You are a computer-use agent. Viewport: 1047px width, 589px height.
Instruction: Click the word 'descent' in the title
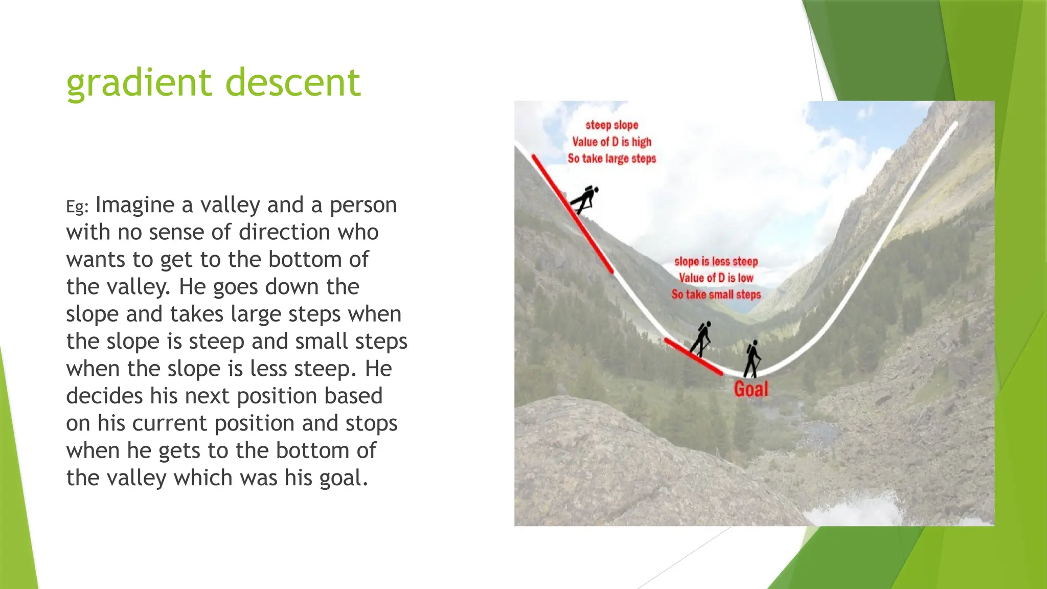tap(293, 83)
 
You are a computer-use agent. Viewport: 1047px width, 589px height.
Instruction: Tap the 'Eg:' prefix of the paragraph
tap(77, 207)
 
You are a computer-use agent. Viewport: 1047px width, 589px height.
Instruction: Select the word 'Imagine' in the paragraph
tap(135, 206)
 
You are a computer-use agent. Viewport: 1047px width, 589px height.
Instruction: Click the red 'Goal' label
tap(751, 390)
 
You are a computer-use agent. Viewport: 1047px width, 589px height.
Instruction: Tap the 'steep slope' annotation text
tap(612, 125)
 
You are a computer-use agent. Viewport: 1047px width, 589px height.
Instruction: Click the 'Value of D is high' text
tap(612, 142)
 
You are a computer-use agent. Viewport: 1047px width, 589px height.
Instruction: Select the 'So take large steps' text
tap(612, 158)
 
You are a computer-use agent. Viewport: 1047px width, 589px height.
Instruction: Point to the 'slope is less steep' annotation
tap(716, 262)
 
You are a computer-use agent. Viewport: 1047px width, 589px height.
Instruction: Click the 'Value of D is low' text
tap(716, 278)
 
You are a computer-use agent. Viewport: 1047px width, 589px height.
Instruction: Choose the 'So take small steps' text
tap(716, 294)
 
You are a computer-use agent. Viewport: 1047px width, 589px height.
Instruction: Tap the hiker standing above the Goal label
tap(753, 359)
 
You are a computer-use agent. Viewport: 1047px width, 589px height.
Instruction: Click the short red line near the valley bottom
tap(693, 356)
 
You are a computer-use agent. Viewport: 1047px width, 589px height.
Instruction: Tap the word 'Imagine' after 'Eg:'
tap(135, 206)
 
